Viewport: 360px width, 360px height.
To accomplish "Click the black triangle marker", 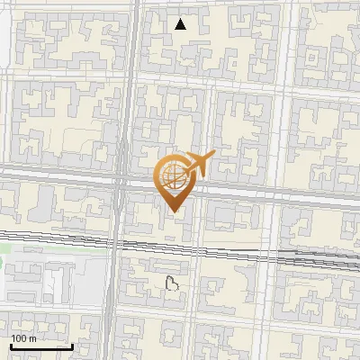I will [x=181, y=24].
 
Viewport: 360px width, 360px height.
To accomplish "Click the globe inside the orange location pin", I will [x=174, y=175].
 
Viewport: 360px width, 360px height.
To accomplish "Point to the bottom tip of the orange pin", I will [x=174, y=212].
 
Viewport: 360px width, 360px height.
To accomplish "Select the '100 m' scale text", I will [x=23, y=338].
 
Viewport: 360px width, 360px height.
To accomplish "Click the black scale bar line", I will [x=41, y=346].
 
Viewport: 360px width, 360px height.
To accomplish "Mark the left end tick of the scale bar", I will [x=11, y=346].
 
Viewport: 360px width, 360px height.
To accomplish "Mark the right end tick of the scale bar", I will [x=72, y=346].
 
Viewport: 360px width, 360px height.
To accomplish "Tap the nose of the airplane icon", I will [x=212, y=157].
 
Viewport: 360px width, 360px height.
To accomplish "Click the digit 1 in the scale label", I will [x=13, y=338].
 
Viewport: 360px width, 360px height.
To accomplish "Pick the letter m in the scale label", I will [x=33, y=338].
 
